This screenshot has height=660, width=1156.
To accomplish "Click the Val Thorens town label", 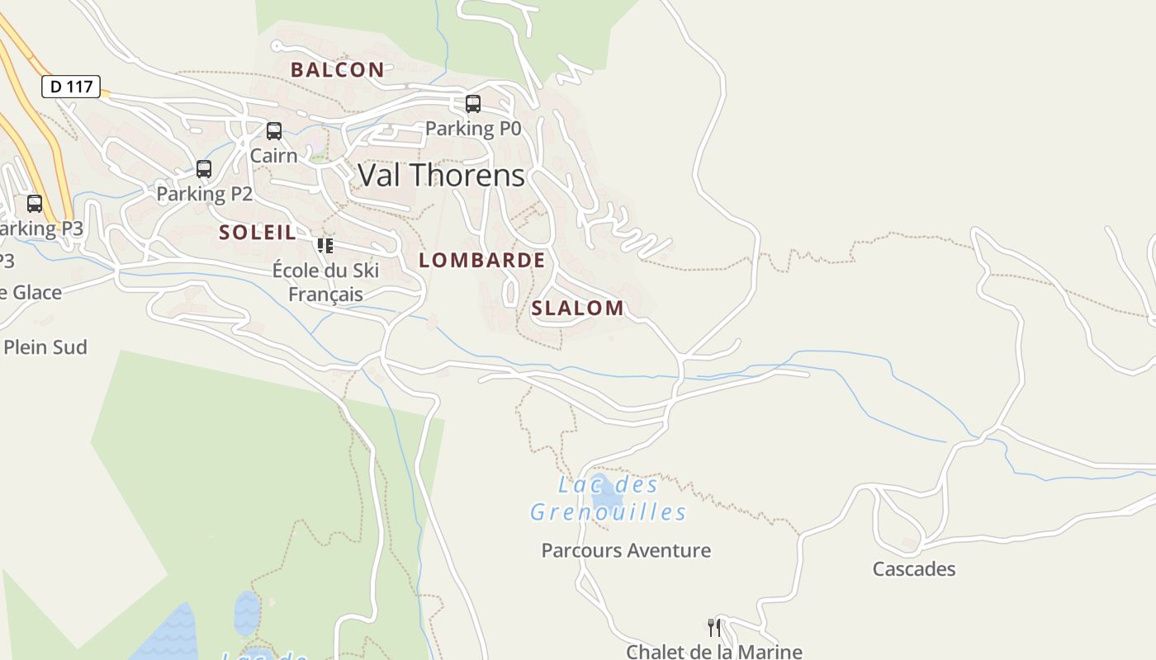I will click(x=441, y=175).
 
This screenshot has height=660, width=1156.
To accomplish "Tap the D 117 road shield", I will click(x=71, y=86).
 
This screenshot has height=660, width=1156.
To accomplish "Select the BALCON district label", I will click(x=337, y=69).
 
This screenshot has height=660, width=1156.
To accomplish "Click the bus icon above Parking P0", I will click(x=473, y=104).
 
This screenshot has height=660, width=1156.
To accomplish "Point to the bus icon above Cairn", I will click(x=274, y=131).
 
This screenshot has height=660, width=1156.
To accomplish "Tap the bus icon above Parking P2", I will click(x=204, y=169).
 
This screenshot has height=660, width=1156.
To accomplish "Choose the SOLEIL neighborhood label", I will click(x=258, y=232).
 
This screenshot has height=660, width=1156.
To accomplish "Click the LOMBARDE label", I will click(x=482, y=260).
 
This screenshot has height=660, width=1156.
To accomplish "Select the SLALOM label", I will click(x=577, y=308).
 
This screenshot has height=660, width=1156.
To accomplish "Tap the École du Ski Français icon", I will click(x=325, y=245).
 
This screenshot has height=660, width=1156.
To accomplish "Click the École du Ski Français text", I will click(x=325, y=282).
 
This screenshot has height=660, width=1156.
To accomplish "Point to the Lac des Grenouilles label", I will click(x=608, y=499).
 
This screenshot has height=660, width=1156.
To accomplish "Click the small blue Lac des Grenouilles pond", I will click(x=606, y=493).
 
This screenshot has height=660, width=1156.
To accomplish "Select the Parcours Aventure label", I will click(x=626, y=550).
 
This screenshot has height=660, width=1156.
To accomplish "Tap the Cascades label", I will click(x=914, y=568).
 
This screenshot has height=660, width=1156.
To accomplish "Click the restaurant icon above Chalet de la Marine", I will click(x=714, y=628).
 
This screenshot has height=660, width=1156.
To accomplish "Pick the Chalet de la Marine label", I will click(x=714, y=651).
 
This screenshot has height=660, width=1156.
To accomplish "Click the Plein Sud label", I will click(x=45, y=347).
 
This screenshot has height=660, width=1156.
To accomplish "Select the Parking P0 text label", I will click(x=473, y=129).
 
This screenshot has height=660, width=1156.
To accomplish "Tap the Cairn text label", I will click(x=273, y=155).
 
